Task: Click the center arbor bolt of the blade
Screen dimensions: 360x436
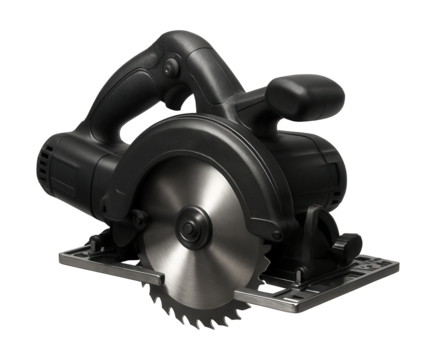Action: click(x=187, y=228)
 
